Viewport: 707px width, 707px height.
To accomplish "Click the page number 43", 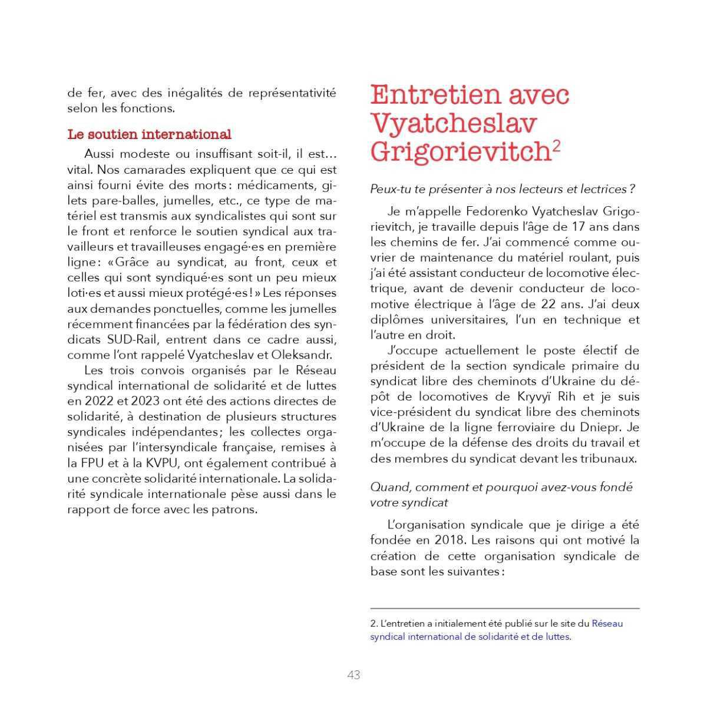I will [x=353, y=675].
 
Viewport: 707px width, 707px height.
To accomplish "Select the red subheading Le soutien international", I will [x=149, y=134].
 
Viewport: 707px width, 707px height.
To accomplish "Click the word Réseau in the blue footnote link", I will [x=607, y=623].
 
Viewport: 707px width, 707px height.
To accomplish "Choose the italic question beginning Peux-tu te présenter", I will [x=502, y=190].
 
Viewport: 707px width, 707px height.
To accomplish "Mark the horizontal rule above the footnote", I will [x=505, y=609].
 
